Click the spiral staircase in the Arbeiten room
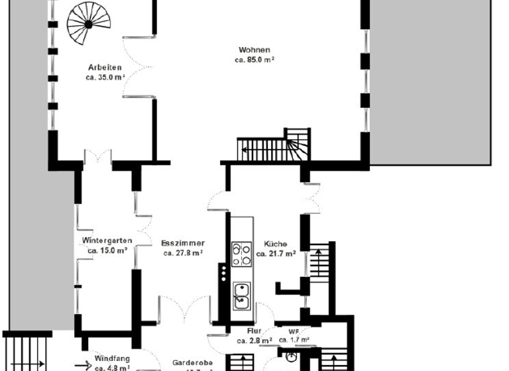(x=88, y=25)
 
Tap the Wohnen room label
(x=254, y=50)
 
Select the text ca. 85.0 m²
(x=254, y=60)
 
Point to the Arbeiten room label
(x=104, y=67)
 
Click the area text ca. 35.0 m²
(x=104, y=77)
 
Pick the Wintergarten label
(x=107, y=240)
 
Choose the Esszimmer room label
(x=182, y=243)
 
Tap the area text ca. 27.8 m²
(x=182, y=252)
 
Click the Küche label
(x=275, y=243)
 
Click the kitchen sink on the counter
(x=241, y=295)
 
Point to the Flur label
(x=254, y=331)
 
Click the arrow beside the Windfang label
(x=82, y=364)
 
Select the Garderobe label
(x=192, y=362)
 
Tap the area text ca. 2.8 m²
(x=254, y=341)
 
